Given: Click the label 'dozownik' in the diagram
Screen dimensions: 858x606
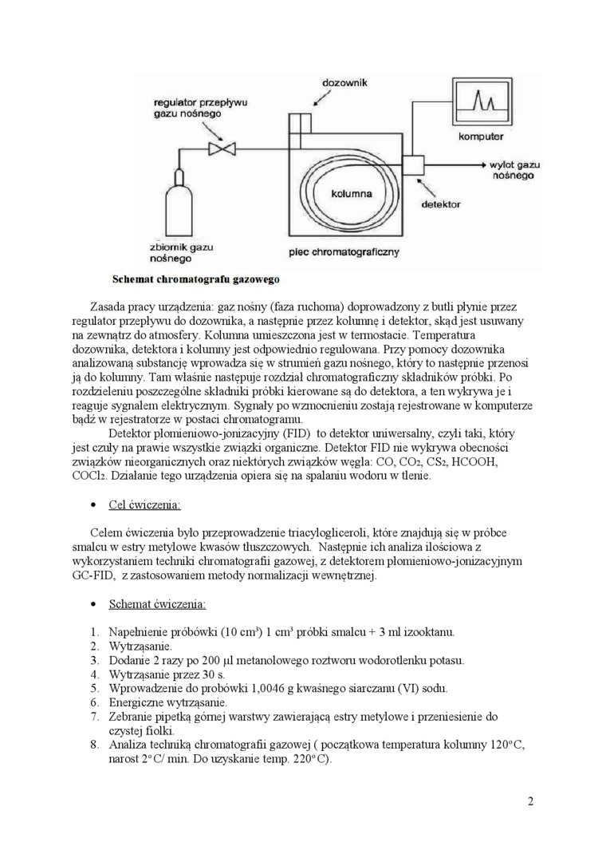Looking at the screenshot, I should pyautogui.click(x=344, y=82).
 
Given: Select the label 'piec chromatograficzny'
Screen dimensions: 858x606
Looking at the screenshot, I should pyautogui.click(x=344, y=252).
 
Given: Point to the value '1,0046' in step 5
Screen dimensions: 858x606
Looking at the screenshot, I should pyautogui.click(x=241, y=688).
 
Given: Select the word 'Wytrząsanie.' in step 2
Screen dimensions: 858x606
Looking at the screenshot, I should pyautogui.click(x=141, y=645).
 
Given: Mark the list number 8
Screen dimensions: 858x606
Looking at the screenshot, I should pyautogui.click(x=95, y=745).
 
